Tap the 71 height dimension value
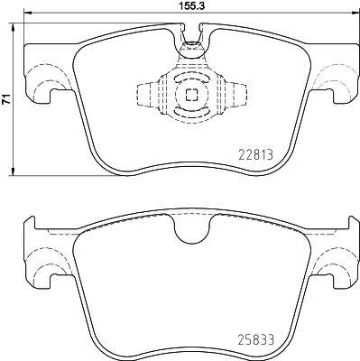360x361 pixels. coord(6,99)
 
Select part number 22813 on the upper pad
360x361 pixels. coord(256,155)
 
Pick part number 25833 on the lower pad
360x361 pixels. coord(256,340)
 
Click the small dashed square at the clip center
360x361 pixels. coord(191,95)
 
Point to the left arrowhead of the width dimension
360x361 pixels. coord(28,13)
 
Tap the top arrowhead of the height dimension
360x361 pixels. coord(13,27)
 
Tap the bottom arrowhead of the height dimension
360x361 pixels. coord(13,171)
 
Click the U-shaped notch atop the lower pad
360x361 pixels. coord(191,230)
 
